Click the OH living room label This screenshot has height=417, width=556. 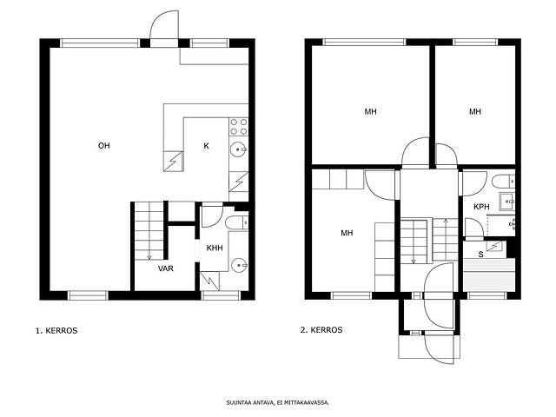[x=104, y=145]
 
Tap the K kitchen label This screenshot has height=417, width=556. [x=207, y=145]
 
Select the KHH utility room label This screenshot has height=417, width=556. [x=215, y=248]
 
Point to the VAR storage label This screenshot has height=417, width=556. [x=166, y=268]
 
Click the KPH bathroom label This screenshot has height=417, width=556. [x=481, y=207]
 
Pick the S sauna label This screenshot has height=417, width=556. [x=480, y=255]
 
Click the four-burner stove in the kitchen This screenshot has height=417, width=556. [x=239, y=127]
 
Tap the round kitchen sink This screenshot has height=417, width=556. [x=238, y=149]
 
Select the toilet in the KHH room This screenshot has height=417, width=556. [x=236, y=222]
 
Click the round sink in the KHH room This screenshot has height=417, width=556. [x=239, y=265]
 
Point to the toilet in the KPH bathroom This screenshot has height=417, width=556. [x=504, y=181]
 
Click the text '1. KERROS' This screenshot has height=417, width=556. [x=56, y=330]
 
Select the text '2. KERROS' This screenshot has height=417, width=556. [x=321, y=330]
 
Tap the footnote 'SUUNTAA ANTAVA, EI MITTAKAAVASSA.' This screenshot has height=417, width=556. [x=278, y=402]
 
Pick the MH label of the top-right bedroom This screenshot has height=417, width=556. [x=475, y=112]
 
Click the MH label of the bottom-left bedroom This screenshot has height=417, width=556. [x=347, y=233]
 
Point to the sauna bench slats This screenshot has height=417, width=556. [x=489, y=275]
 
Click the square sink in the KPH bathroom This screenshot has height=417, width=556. [x=507, y=202]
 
